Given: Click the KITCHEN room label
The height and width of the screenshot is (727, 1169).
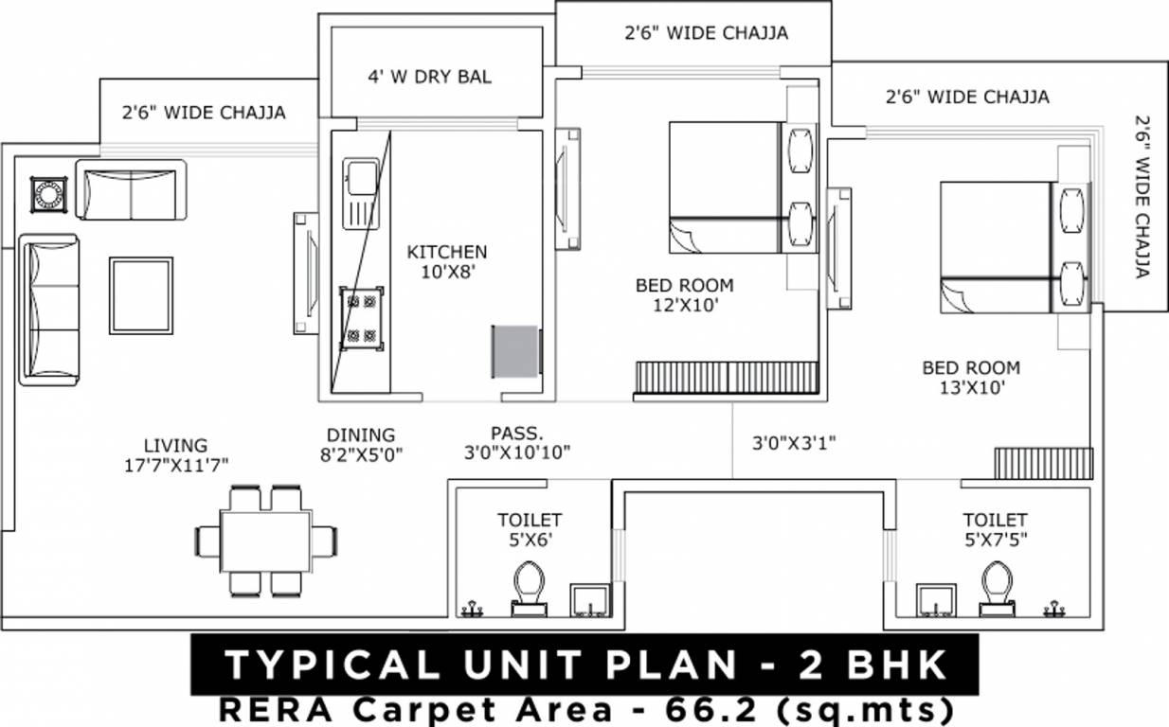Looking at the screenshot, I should pyautogui.click(x=446, y=252).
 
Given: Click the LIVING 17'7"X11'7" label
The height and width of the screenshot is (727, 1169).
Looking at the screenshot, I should pyautogui.click(x=175, y=453).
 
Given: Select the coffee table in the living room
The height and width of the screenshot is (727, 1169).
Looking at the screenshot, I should pyautogui.click(x=140, y=295).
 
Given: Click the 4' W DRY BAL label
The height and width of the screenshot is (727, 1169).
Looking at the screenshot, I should pyautogui.click(x=430, y=77).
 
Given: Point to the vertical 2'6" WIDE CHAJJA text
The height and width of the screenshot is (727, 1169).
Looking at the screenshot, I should pyautogui.click(x=1142, y=197).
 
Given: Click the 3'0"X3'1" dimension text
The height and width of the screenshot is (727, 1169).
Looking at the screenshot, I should pyautogui.click(x=794, y=442).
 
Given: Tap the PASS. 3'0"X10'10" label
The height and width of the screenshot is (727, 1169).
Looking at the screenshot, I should pyautogui.click(x=517, y=443).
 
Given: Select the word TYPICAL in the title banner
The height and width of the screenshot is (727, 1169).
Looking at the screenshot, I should pyautogui.click(x=332, y=665).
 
